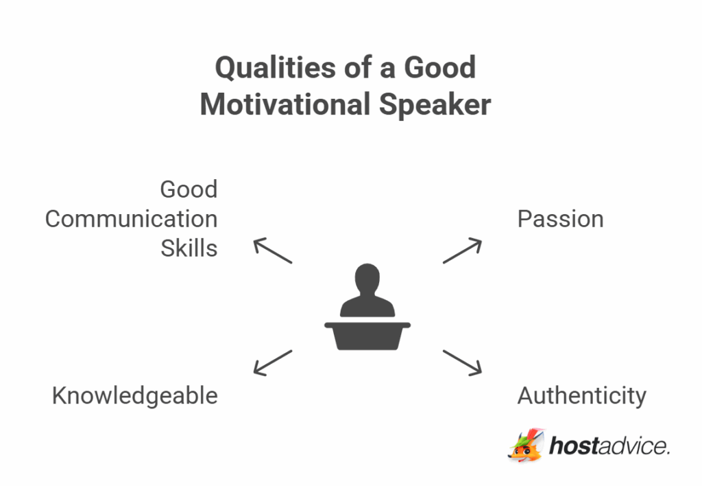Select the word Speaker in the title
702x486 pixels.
click(435, 105)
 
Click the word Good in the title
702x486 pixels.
click(439, 69)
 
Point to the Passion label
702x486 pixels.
click(560, 219)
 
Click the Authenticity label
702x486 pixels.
click(581, 395)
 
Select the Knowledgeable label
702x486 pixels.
click(135, 395)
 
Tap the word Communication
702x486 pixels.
click(131, 219)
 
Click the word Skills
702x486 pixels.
click(189, 248)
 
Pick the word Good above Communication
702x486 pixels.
click(189, 189)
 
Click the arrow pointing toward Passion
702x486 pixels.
click(462, 251)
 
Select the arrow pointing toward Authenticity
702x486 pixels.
click(462, 362)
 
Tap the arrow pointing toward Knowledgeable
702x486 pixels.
click(273, 362)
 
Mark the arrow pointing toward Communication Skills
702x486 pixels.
click(273, 251)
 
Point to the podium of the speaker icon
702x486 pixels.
click(367, 335)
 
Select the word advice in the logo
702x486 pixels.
click(633, 446)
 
